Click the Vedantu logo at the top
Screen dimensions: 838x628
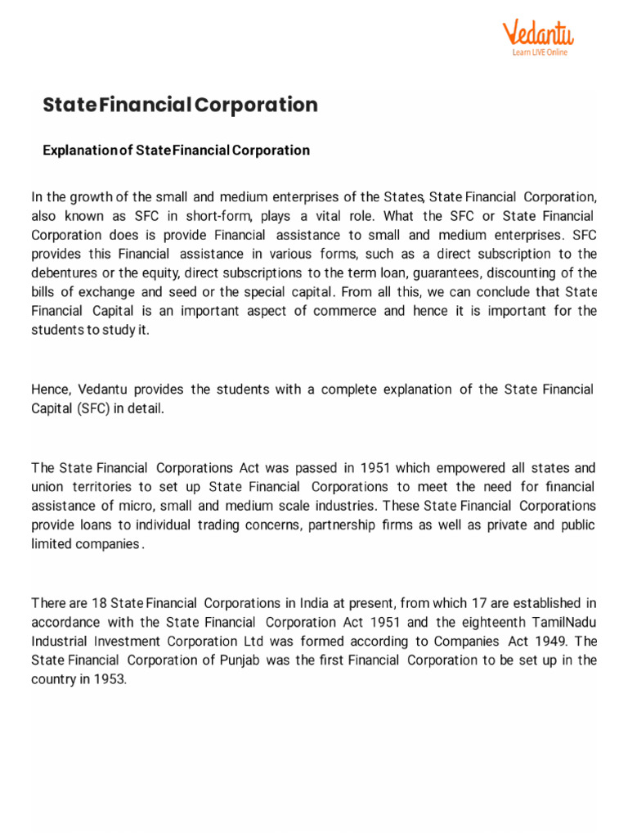click(537, 34)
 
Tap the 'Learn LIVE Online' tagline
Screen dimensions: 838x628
click(539, 52)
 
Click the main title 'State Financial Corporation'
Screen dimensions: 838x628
click(180, 105)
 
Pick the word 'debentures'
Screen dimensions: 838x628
click(63, 273)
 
